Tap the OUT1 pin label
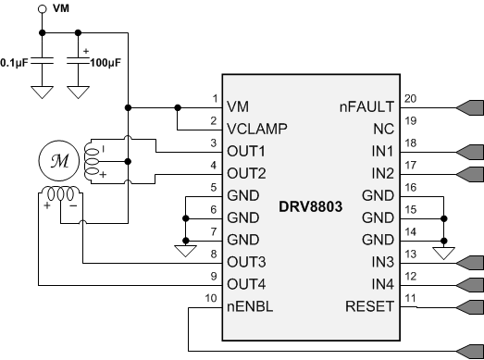[246, 151]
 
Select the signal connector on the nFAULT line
[468, 107]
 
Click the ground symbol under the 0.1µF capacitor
[42, 93]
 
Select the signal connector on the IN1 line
[468, 151]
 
